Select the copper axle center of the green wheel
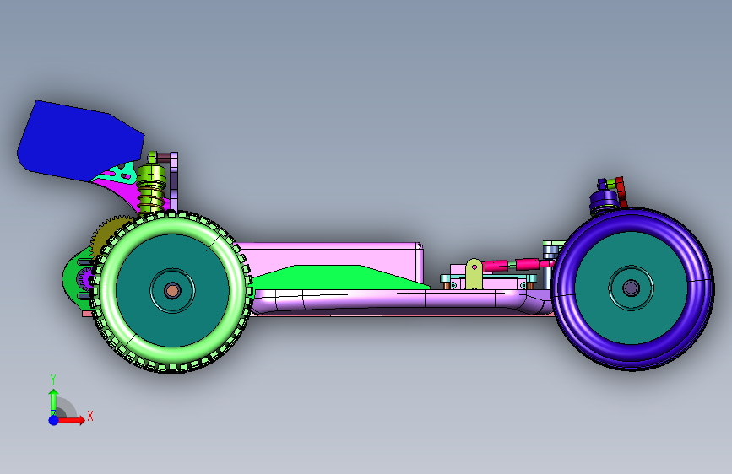point(172,291)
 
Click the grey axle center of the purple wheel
point(632,288)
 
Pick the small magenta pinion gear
point(85,279)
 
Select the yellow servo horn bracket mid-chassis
point(474,274)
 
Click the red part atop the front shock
point(621,191)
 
